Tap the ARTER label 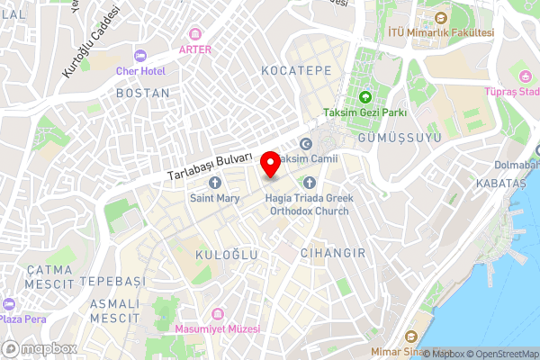point(195,49)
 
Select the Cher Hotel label point(140,70)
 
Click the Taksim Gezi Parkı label point(366,113)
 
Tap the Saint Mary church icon point(215,183)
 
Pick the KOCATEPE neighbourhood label point(296,70)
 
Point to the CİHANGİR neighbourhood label point(333,253)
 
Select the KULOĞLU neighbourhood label point(227,256)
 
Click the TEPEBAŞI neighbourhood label point(112,282)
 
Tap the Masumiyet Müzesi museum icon point(217,313)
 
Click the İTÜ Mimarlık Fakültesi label point(440,32)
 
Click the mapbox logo point(40,348)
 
